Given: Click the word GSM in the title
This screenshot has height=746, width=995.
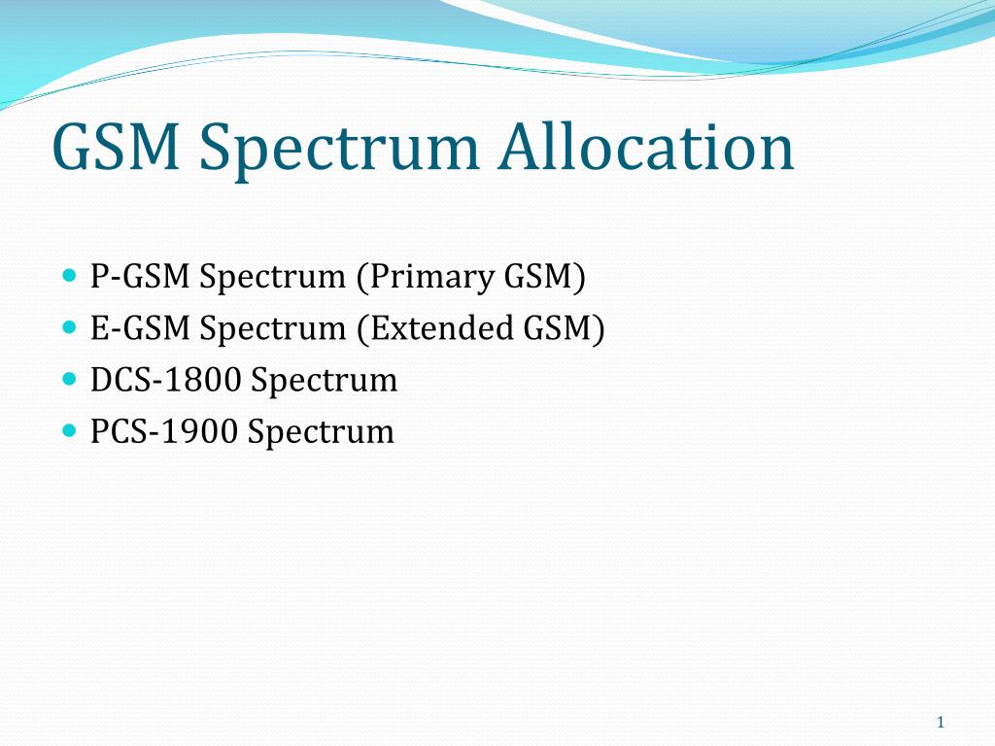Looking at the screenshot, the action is point(117,147).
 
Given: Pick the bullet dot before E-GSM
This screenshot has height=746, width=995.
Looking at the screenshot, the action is point(70,327).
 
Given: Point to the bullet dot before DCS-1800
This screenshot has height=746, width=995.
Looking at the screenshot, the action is point(70,380).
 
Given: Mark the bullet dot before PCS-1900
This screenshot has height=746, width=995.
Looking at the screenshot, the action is point(70,431).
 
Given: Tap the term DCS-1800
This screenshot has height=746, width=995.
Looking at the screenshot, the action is point(165,381).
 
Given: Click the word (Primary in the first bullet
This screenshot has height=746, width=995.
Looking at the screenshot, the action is point(426,278).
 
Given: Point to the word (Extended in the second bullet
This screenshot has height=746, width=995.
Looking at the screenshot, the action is point(435,329).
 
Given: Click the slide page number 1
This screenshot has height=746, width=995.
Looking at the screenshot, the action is point(941,722).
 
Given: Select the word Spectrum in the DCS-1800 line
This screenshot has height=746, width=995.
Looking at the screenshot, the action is point(325,382).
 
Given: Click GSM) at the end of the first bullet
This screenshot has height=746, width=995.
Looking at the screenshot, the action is point(544,278).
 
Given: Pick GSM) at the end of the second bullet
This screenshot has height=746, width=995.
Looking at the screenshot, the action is point(565,329).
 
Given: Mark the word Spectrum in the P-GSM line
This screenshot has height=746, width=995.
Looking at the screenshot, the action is point(273,278).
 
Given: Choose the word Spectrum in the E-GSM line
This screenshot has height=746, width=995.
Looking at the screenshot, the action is point(273,330).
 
